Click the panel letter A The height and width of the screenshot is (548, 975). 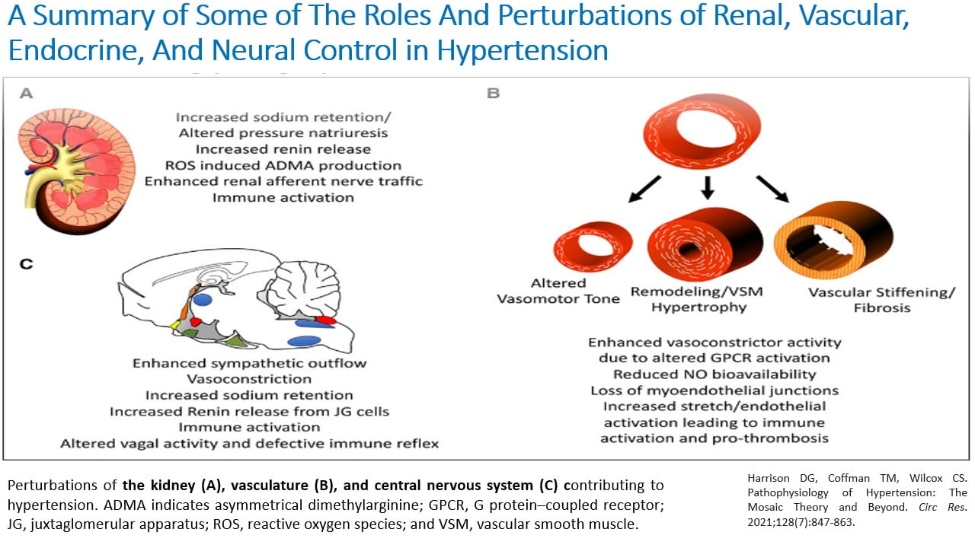click(27, 94)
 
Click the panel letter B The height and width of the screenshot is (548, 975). click(493, 94)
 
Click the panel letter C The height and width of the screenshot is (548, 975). click(26, 264)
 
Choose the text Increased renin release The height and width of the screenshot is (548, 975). click(283, 149)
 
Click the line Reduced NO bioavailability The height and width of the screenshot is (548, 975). click(714, 374)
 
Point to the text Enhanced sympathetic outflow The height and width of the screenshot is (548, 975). click(249, 363)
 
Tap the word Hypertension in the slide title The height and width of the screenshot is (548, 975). click(523, 50)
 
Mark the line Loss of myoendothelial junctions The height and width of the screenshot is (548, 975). click(714, 390)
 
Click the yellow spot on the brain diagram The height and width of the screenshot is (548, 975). click(174, 325)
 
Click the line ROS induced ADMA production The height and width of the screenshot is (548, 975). click(283, 165)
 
